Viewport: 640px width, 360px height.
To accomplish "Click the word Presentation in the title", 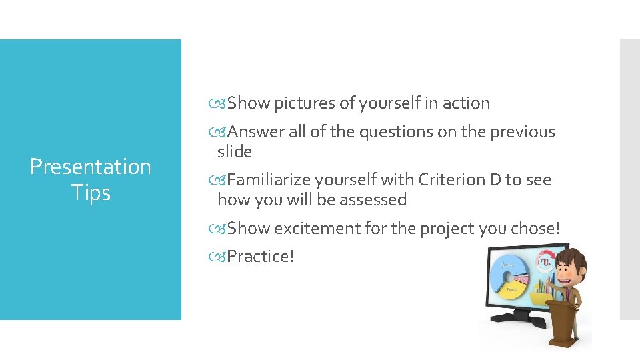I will [x=91, y=167].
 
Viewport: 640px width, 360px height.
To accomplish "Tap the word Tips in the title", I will [x=91, y=193].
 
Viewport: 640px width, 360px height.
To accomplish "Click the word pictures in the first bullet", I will [x=305, y=103].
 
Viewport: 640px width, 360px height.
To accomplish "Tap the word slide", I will [x=235, y=151].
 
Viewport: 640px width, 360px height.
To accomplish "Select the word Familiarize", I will [x=269, y=179].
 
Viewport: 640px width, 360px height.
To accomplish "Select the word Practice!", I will [x=260, y=256].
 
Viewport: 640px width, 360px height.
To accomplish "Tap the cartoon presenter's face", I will [x=572, y=263].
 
